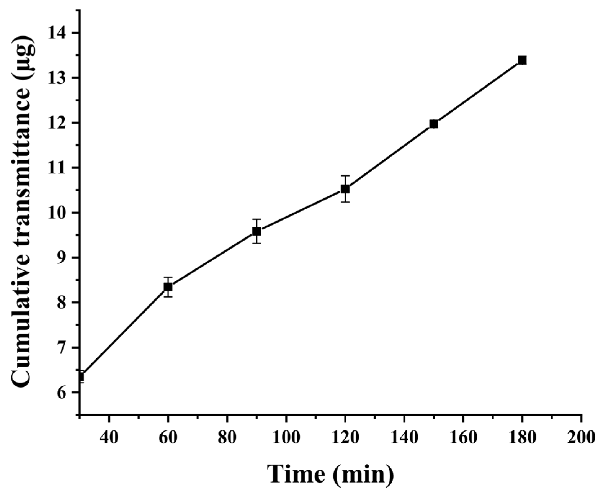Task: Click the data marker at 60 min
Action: (x=168, y=287)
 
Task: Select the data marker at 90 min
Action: (x=256, y=231)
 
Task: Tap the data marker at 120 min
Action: (x=345, y=189)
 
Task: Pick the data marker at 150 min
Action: (x=434, y=124)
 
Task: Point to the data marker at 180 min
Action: (x=522, y=60)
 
